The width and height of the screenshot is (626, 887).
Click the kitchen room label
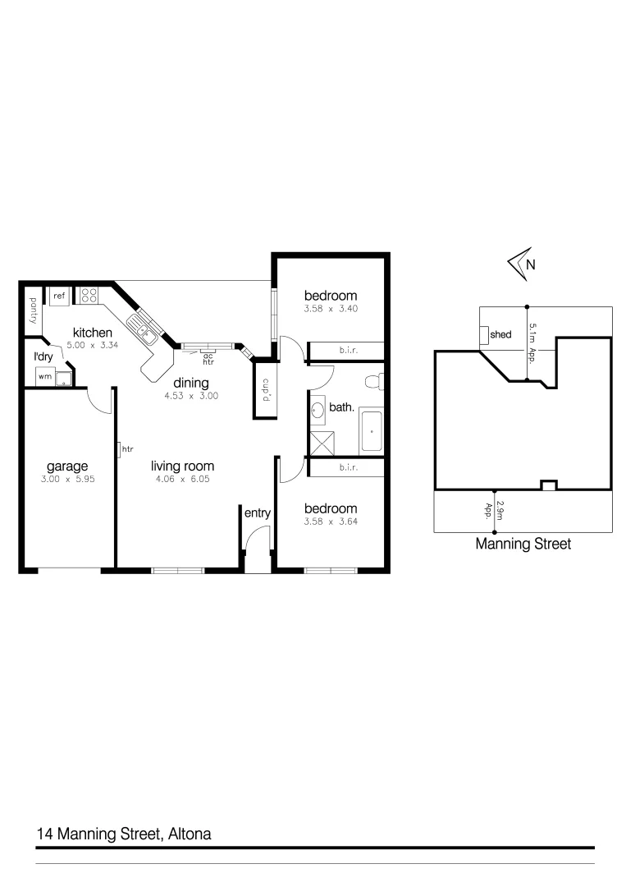(x=92, y=333)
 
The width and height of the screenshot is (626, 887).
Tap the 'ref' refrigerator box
(x=59, y=296)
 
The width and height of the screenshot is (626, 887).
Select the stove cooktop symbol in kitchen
(x=89, y=296)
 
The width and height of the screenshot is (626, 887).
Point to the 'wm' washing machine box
(x=43, y=377)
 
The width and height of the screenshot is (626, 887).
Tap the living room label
(x=182, y=466)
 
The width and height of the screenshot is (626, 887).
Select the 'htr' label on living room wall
(x=127, y=449)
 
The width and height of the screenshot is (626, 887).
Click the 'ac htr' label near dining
(x=208, y=358)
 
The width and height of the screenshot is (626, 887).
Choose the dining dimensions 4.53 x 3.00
(x=190, y=396)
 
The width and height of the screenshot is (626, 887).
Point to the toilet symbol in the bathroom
(x=372, y=381)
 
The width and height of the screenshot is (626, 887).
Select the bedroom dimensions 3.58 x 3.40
(x=331, y=309)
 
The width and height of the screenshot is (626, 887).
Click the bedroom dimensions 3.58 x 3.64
(x=331, y=521)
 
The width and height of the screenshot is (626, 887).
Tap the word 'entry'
(x=257, y=513)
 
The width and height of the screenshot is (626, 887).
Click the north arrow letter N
(x=530, y=264)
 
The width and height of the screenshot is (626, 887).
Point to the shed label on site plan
(x=500, y=335)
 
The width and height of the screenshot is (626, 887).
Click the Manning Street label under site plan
(x=523, y=544)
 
